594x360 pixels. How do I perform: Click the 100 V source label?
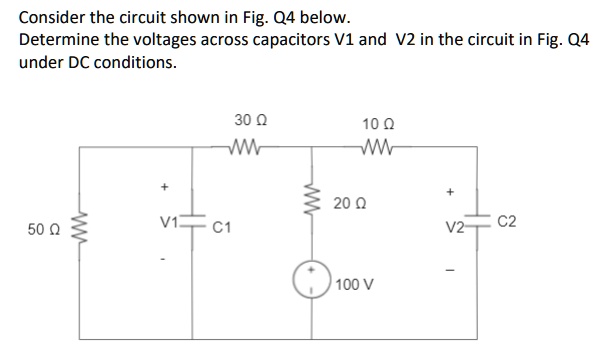click(x=356, y=284)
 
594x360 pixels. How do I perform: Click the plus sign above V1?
click(x=157, y=186)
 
